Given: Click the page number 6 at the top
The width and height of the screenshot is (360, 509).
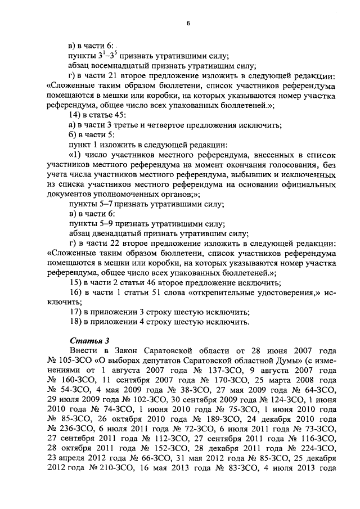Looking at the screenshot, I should coord(188,23).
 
